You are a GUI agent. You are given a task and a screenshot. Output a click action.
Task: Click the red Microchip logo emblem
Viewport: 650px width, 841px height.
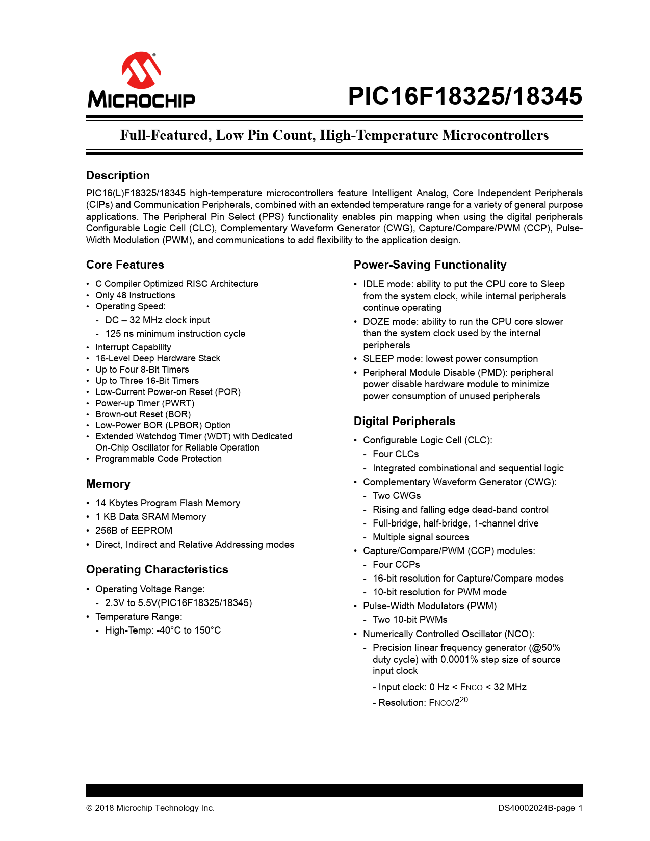pyautogui.click(x=141, y=70)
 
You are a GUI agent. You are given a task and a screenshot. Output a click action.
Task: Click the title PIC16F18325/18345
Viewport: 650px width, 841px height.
pyautogui.click(x=464, y=96)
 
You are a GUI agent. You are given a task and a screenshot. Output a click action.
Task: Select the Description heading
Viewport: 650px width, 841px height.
pyautogui.click(x=118, y=175)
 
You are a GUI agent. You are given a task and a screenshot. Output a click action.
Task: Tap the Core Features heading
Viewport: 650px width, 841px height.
pyautogui.click(x=125, y=265)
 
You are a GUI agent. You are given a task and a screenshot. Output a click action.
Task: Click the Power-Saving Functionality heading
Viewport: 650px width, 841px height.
pyautogui.click(x=430, y=265)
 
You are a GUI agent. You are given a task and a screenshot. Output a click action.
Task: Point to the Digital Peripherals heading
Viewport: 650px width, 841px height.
pyautogui.click(x=404, y=421)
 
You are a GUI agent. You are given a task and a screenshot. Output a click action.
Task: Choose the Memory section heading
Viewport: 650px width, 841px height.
pyautogui.click(x=108, y=484)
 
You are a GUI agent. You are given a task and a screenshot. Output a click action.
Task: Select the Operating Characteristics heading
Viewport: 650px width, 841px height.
pyautogui.click(x=157, y=569)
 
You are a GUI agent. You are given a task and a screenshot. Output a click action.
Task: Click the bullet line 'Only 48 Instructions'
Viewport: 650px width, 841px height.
pyautogui.click(x=135, y=295)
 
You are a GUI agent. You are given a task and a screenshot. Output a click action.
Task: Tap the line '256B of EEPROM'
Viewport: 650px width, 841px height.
pyautogui.click(x=134, y=530)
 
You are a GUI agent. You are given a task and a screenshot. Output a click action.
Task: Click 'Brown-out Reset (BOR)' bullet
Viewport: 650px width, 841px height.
pyautogui.click(x=143, y=414)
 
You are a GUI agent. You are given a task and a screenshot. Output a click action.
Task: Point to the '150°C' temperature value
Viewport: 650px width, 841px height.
pyautogui.click(x=207, y=630)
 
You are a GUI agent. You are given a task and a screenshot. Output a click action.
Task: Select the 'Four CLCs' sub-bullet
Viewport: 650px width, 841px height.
pyautogui.click(x=396, y=454)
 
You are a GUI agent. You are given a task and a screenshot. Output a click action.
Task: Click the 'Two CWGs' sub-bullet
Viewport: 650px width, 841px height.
pyautogui.click(x=397, y=495)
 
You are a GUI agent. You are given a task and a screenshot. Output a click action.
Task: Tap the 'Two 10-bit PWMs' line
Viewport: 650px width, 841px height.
pyautogui.click(x=410, y=620)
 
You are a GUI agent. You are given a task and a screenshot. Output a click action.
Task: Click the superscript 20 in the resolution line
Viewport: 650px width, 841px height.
pyautogui.click(x=463, y=700)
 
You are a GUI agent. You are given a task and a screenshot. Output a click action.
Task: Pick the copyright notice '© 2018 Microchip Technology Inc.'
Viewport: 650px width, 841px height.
pyautogui.click(x=150, y=808)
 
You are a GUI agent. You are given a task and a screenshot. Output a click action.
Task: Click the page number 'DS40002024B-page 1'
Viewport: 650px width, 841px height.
pyautogui.click(x=540, y=808)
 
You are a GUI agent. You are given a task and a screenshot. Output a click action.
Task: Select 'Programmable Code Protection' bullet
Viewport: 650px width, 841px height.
pyautogui.click(x=159, y=459)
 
